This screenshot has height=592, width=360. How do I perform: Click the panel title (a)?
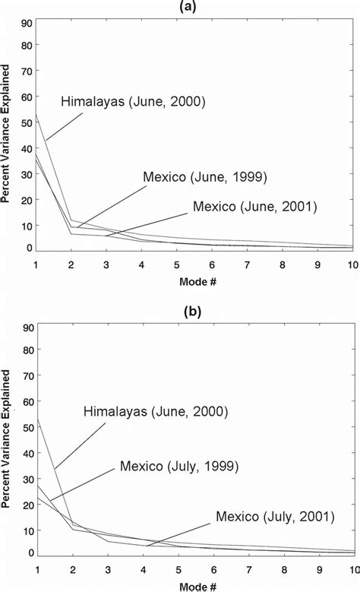pyautogui.click(x=196, y=6)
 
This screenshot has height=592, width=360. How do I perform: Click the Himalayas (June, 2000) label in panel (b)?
pyautogui.click(x=156, y=412)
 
